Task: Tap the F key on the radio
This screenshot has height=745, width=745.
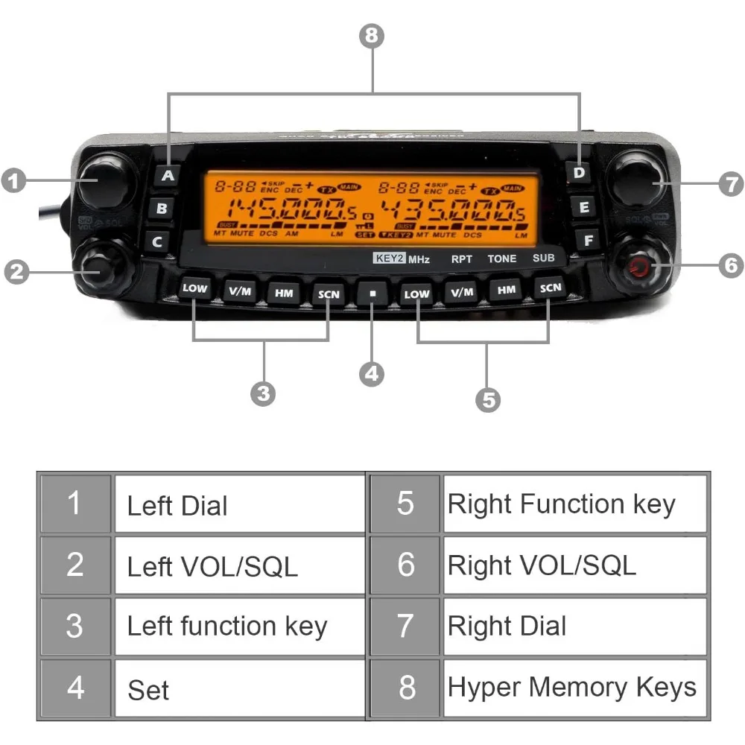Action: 589,240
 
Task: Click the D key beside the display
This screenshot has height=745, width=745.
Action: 579,173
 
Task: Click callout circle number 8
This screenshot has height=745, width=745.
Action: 372,35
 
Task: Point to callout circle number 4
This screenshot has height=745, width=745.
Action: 372,372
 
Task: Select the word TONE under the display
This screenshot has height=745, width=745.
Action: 501,259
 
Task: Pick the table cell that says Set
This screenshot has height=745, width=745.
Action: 238,689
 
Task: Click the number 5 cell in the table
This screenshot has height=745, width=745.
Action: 405,504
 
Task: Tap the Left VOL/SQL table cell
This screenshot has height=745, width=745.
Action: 238,565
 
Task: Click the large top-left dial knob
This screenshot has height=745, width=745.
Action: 104,182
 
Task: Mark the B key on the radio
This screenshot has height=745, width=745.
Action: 162,209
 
